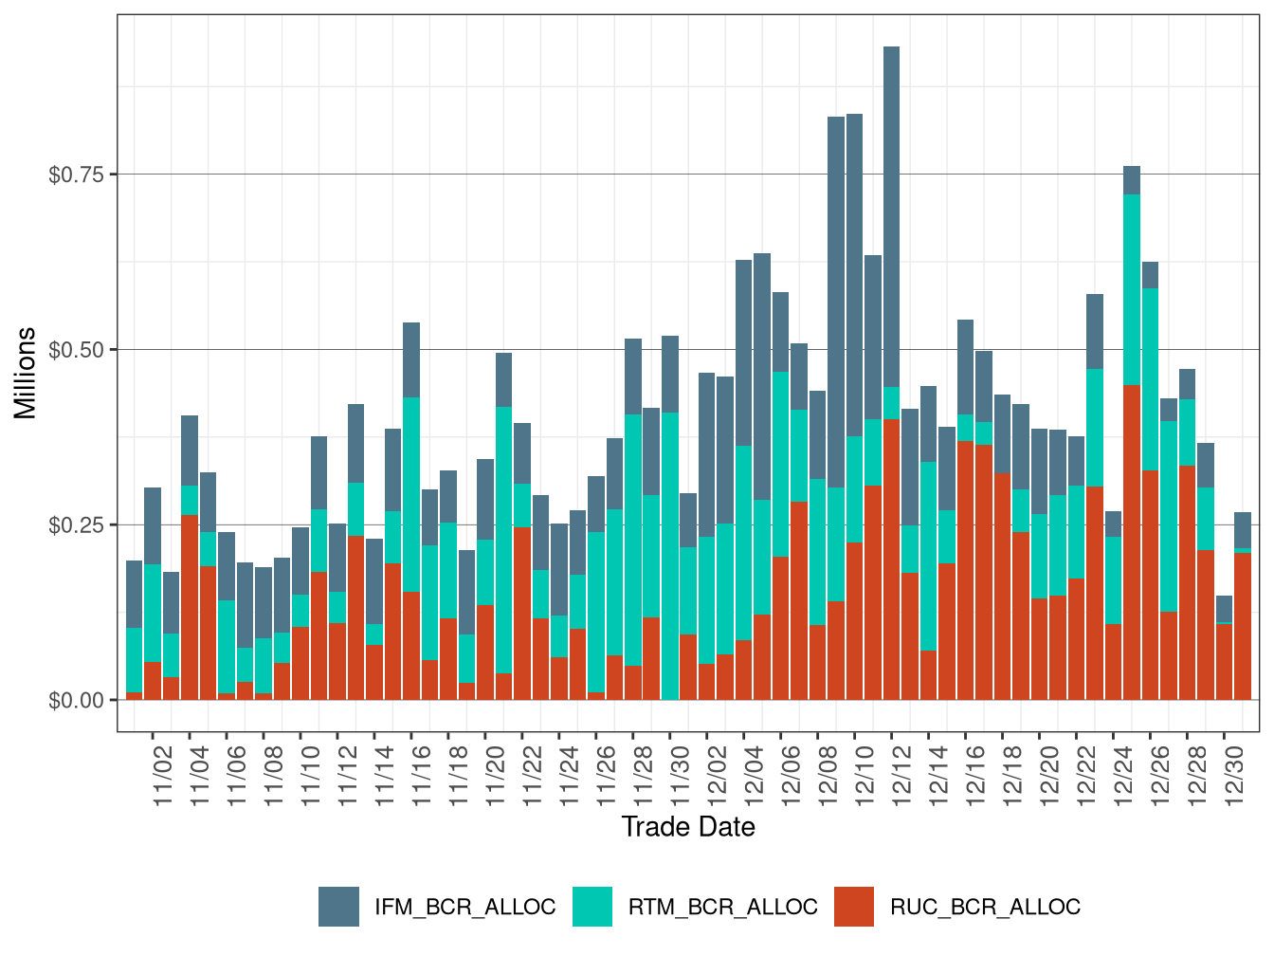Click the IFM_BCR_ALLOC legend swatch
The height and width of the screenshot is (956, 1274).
(x=338, y=907)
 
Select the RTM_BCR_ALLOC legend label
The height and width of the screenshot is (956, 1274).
(x=722, y=908)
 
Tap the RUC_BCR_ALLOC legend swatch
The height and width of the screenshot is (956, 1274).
(x=854, y=907)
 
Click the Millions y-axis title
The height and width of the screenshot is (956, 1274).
(x=26, y=373)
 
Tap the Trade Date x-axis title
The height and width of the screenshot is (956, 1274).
(x=688, y=827)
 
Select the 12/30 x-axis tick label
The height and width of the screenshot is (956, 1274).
(x=1235, y=776)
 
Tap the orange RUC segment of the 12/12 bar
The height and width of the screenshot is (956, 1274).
(x=891, y=560)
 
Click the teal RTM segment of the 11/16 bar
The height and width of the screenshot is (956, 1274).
(x=411, y=494)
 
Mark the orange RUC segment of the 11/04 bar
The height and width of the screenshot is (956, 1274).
(x=190, y=607)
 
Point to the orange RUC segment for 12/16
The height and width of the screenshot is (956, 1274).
(x=965, y=570)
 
